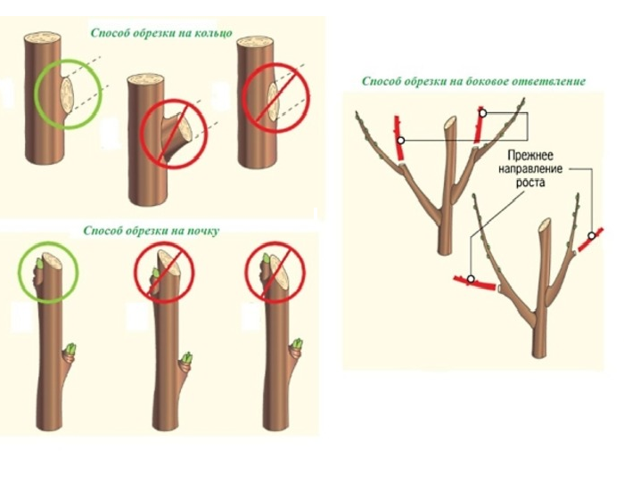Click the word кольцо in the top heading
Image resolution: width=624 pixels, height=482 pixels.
[x=211, y=33]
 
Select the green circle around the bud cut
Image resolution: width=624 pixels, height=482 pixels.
[x=48, y=267]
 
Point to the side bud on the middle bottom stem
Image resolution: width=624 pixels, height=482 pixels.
[x=187, y=360]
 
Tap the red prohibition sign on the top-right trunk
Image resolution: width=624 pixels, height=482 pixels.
[x=274, y=93]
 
